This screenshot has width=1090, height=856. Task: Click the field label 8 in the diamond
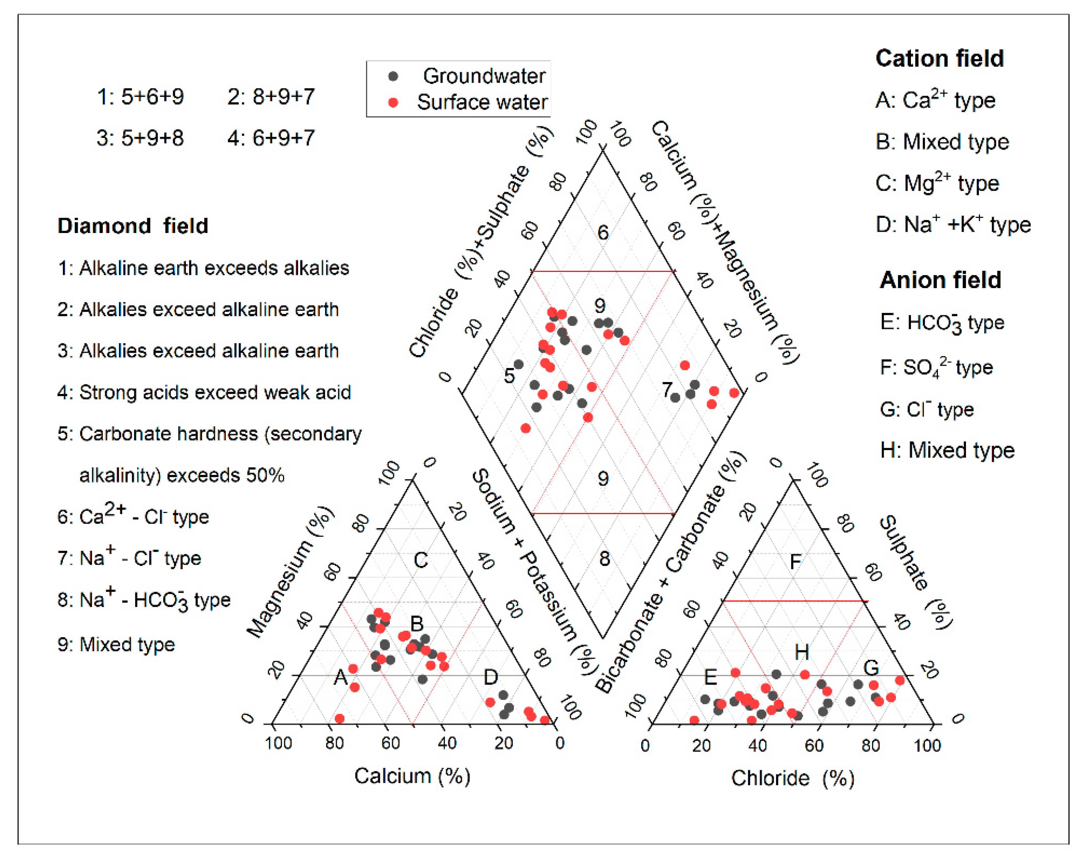pos(604,559)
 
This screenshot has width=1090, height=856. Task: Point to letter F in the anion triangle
pos(795,562)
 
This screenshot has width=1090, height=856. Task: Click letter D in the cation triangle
pos(491,677)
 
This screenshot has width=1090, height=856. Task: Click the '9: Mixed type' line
pos(116,645)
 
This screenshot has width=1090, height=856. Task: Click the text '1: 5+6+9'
pos(140,97)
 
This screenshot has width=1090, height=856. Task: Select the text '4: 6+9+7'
pos(271,138)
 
